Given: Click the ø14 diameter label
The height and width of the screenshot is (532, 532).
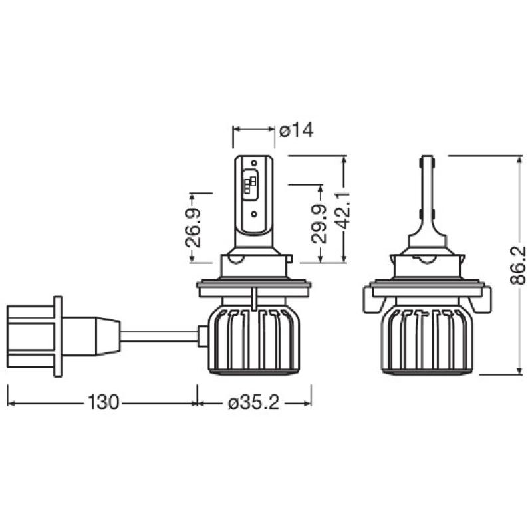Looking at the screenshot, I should point(296,130).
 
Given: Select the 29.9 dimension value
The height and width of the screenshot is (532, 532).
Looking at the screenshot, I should point(319,224).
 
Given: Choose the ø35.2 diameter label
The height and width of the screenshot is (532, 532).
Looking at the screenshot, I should point(254,402).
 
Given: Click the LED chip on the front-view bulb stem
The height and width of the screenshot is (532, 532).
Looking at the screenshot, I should point(252,185).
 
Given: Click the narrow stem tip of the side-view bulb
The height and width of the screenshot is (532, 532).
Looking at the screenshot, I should point(426,164).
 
